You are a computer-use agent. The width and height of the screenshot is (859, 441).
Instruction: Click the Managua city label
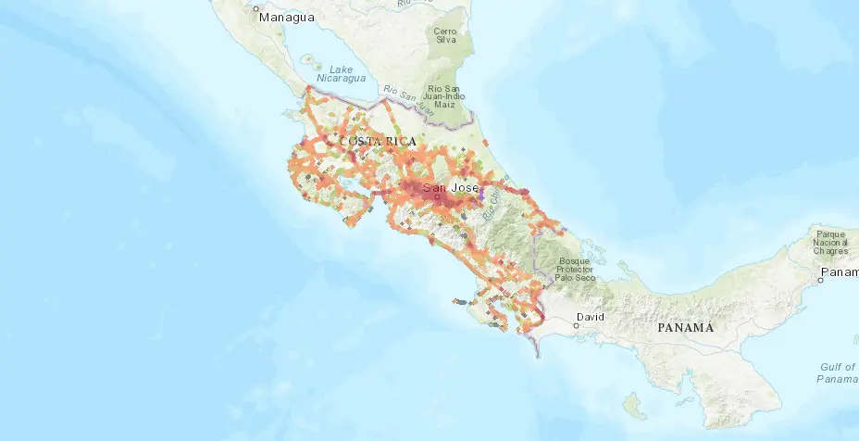[x=287, y=18]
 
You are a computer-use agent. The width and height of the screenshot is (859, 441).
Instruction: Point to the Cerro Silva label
[x=447, y=34]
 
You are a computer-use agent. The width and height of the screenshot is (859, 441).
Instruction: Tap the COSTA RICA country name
[x=378, y=141]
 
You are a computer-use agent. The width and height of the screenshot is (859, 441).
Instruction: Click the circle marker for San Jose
[x=436, y=196]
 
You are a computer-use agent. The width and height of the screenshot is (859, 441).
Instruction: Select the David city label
[x=590, y=317]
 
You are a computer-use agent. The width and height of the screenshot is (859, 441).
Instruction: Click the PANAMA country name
[x=686, y=328]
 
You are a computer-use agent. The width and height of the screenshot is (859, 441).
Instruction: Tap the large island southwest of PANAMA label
[x=632, y=405]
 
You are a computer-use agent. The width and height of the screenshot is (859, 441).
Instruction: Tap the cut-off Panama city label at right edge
[x=841, y=272]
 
